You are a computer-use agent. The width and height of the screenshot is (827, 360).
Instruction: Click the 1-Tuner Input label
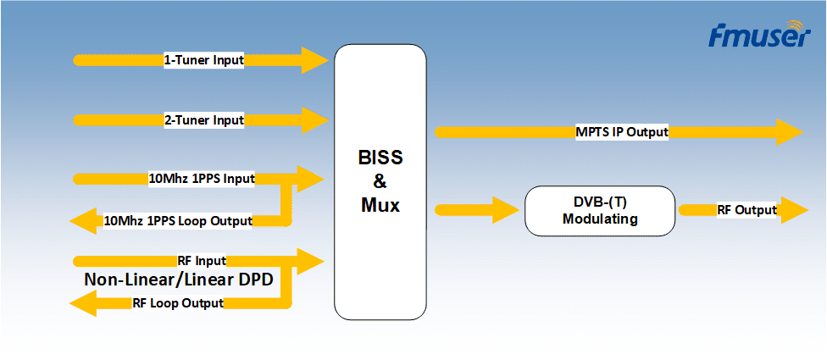tap(203, 60)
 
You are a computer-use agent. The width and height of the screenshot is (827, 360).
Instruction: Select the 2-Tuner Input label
tap(203, 120)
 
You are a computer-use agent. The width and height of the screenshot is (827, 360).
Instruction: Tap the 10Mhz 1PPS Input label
tap(202, 179)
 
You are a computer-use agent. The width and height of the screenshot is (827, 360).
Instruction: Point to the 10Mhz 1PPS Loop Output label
tap(178, 221)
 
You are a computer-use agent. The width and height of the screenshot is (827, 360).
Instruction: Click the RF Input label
tap(202, 260)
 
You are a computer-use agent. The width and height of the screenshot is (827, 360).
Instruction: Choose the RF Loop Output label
tap(178, 302)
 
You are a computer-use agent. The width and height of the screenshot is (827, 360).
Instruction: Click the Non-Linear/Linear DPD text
tap(179, 280)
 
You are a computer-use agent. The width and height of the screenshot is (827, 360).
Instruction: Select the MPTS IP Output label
tap(622, 132)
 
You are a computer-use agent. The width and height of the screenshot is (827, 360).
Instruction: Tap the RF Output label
tap(747, 210)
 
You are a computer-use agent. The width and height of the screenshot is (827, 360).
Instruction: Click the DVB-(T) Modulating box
tap(600, 210)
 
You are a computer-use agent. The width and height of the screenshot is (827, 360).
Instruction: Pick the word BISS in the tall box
tap(380, 158)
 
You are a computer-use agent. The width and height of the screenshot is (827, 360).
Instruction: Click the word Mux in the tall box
tap(380, 203)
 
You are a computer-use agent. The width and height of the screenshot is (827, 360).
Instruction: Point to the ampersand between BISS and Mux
tap(380, 180)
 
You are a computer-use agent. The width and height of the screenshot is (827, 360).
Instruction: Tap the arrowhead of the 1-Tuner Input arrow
tap(315, 60)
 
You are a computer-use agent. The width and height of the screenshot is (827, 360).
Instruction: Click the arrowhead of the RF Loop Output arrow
tap(83, 302)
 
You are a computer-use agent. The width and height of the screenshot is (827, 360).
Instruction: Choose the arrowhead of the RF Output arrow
tap(794, 210)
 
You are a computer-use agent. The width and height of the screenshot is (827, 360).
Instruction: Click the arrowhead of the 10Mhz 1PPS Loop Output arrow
tap(83, 222)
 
